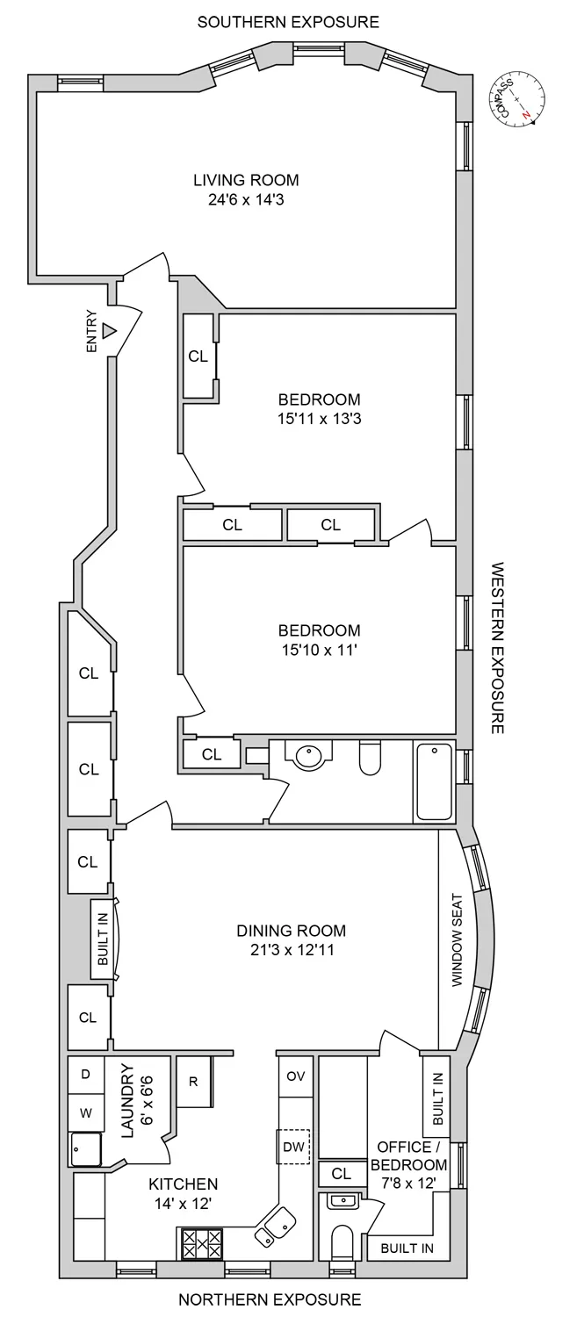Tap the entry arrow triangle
coord(109,331)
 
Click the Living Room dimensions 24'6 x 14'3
coord(246,200)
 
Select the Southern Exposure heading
coord(288,21)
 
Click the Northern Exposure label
coord(270,1299)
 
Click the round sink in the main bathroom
coord(308,756)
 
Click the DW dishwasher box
coord(294,1146)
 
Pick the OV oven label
coord(295,1076)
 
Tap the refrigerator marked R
coord(192,1081)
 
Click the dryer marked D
coord(86,1074)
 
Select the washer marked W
coord(86,1112)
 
